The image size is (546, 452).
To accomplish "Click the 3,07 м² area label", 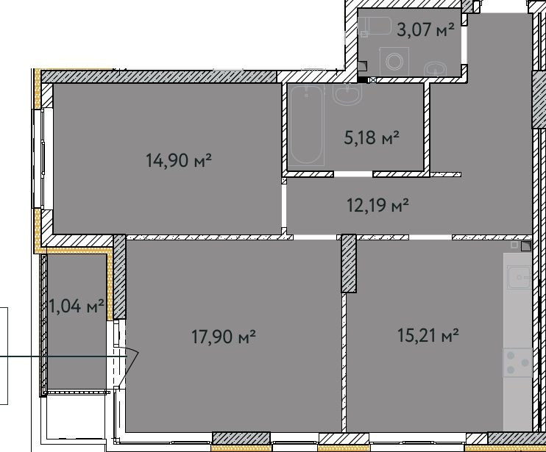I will (425, 30).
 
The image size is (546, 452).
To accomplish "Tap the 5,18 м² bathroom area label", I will (372, 137).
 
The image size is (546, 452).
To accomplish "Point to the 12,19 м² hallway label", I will (377, 205).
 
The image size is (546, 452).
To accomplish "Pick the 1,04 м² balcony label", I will (77, 307).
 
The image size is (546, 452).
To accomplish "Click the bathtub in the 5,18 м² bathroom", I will (306, 125).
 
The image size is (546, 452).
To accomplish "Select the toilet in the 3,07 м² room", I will (377, 27).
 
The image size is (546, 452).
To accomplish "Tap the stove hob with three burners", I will (517, 362).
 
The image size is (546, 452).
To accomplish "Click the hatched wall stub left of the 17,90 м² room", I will (119, 276).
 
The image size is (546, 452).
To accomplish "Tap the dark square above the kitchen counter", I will (525, 247).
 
